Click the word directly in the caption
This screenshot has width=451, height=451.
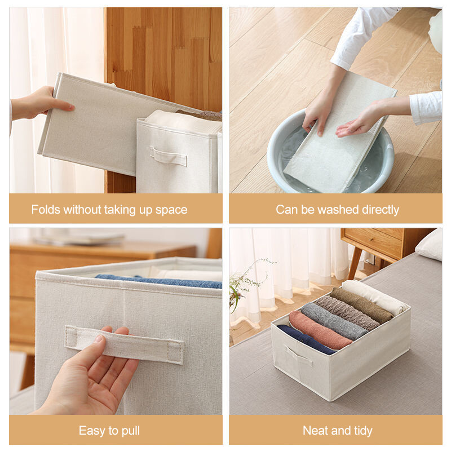(x=381, y=210)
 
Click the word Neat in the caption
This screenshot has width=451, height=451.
(x=313, y=431)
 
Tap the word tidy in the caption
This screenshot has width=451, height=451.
(x=363, y=431)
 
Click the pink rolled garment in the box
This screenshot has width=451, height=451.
(x=319, y=330)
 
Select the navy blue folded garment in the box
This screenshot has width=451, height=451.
(x=305, y=339)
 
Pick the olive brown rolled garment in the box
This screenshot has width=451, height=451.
(x=361, y=306)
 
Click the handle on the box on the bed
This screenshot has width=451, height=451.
(x=299, y=356)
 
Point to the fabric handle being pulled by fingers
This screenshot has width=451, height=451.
(x=123, y=344)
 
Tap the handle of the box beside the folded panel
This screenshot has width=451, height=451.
(x=168, y=156)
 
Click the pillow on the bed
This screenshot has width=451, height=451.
(x=429, y=245)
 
